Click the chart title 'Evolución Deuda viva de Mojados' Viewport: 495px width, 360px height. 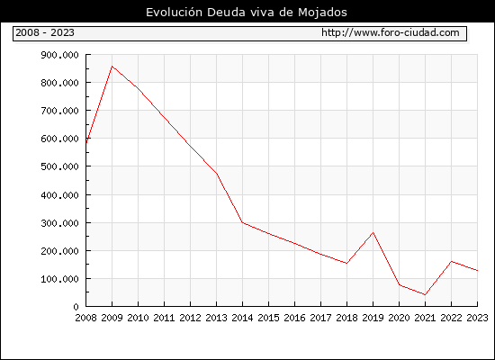click(x=247, y=13)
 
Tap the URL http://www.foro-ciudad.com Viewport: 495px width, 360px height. click(x=391, y=32)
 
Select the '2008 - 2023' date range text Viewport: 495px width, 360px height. click(x=45, y=32)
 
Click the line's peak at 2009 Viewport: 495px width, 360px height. click(x=112, y=67)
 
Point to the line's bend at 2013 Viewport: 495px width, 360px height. click(x=217, y=174)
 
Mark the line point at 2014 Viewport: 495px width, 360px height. click(x=242, y=222)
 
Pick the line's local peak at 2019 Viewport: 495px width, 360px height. click(x=373, y=233)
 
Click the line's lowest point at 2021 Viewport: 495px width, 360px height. click(x=425, y=295)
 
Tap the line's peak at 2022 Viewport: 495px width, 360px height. click(x=452, y=262)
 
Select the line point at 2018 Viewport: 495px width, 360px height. click(x=346, y=263)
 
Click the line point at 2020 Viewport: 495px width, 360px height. click(x=400, y=284)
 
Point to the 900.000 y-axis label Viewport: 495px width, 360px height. click(x=59, y=55)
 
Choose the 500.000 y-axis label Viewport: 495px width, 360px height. click(x=59, y=166)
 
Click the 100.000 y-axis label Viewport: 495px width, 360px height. click(x=59, y=279)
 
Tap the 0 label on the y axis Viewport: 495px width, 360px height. click(x=76, y=307)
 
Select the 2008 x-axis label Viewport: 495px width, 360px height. click(x=85, y=318)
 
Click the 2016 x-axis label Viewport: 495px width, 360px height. click(x=294, y=318)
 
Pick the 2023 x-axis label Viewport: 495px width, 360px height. click(x=477, y=318)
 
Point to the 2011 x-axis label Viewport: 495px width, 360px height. click(x=164, y=318)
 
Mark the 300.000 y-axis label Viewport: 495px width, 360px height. click(x=59, y=223)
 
